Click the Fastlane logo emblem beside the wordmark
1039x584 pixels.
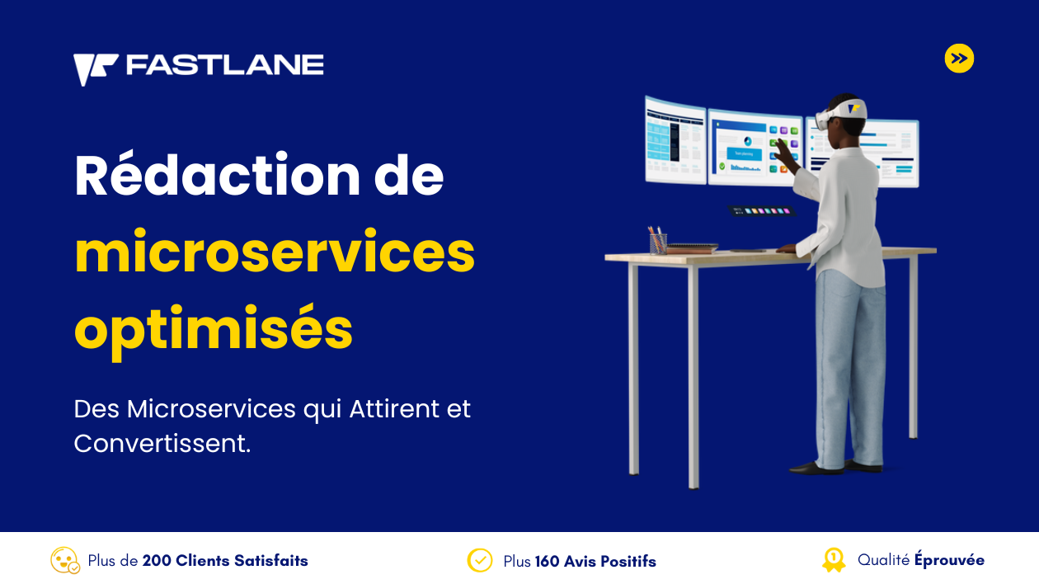95,68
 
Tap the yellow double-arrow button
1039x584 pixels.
959,59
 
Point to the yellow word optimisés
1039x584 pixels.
214,330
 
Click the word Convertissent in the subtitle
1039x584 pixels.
162,443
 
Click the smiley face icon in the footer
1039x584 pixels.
64,560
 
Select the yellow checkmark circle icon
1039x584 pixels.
480,560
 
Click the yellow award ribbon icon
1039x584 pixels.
834,560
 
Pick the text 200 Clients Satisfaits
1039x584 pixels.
225,560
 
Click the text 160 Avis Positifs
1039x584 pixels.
595,561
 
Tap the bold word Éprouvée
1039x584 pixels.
949,559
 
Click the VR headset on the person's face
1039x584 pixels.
839,113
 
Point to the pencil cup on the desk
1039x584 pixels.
657,241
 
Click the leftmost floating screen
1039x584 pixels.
676,140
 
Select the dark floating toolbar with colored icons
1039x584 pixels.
761,211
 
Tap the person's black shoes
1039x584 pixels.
834,467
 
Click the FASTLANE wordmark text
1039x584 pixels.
225,64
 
